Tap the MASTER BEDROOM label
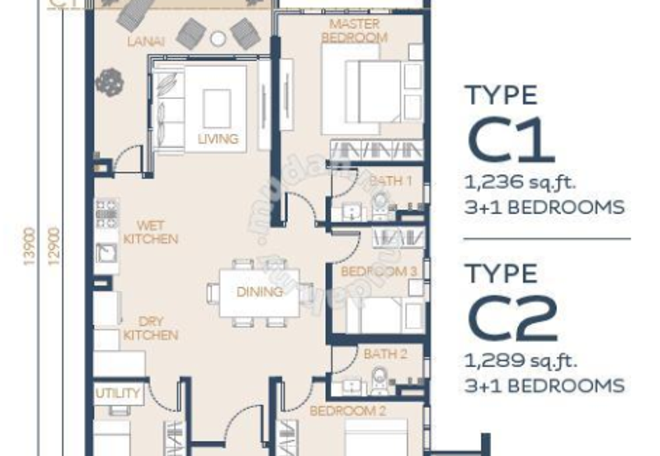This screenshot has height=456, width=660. tap(354, 31)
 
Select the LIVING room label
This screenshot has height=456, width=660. tap(218, 138)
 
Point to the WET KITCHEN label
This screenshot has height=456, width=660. tap(150, 232)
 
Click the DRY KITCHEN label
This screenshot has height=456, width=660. tap(150, 328)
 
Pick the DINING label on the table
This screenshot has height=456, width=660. tap(260, 292)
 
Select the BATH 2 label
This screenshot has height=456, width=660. tap(384, 354)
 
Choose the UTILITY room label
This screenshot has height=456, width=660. tap(118, 393)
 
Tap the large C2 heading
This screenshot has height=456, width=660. tap(511, 317)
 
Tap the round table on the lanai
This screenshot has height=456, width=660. tap(218, 37)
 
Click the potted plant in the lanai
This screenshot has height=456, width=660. tap(109, 81)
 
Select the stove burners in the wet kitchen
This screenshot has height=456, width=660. tap(107, 213)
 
